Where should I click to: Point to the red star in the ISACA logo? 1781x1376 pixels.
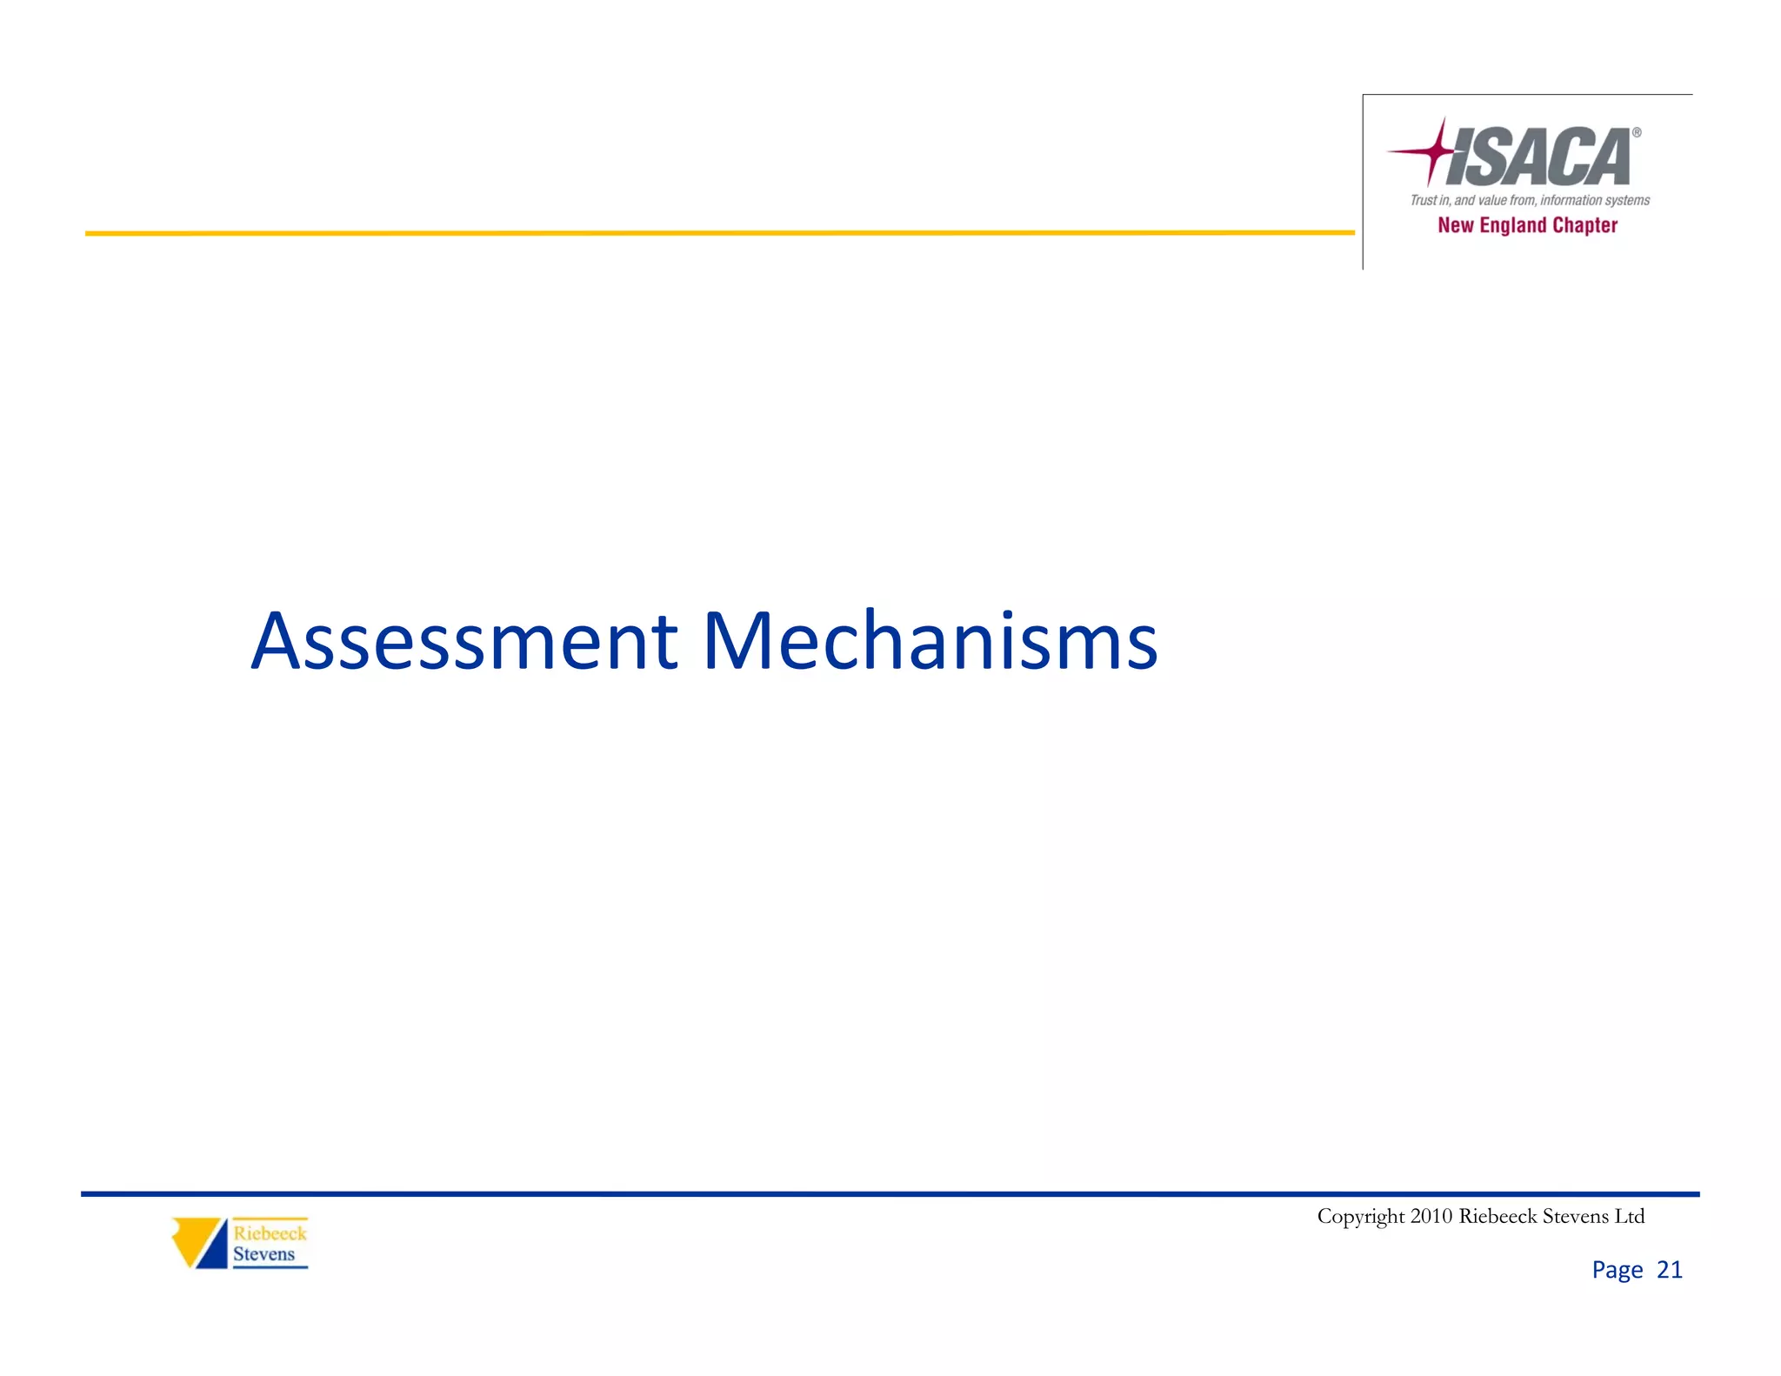click(1435, 151)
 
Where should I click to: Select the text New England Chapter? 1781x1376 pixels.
click(1527, 225)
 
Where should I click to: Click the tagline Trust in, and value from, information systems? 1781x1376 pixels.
click(1530, 200)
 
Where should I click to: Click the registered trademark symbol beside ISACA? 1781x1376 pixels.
click(1636, 133)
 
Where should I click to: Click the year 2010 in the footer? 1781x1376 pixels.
click(1431, 1216)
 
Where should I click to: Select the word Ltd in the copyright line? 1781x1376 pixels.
click(1629, 1216)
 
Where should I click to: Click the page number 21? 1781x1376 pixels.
click(1670, 1270)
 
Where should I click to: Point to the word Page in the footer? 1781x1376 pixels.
click(1617, 1271)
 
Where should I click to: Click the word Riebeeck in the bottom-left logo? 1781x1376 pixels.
click(270, 1233)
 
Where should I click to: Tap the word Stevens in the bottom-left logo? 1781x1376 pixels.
click(263, 1254)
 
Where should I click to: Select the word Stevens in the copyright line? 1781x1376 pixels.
click(1574, 1216)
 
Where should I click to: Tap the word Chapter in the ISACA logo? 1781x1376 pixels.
click(1584, 225)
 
